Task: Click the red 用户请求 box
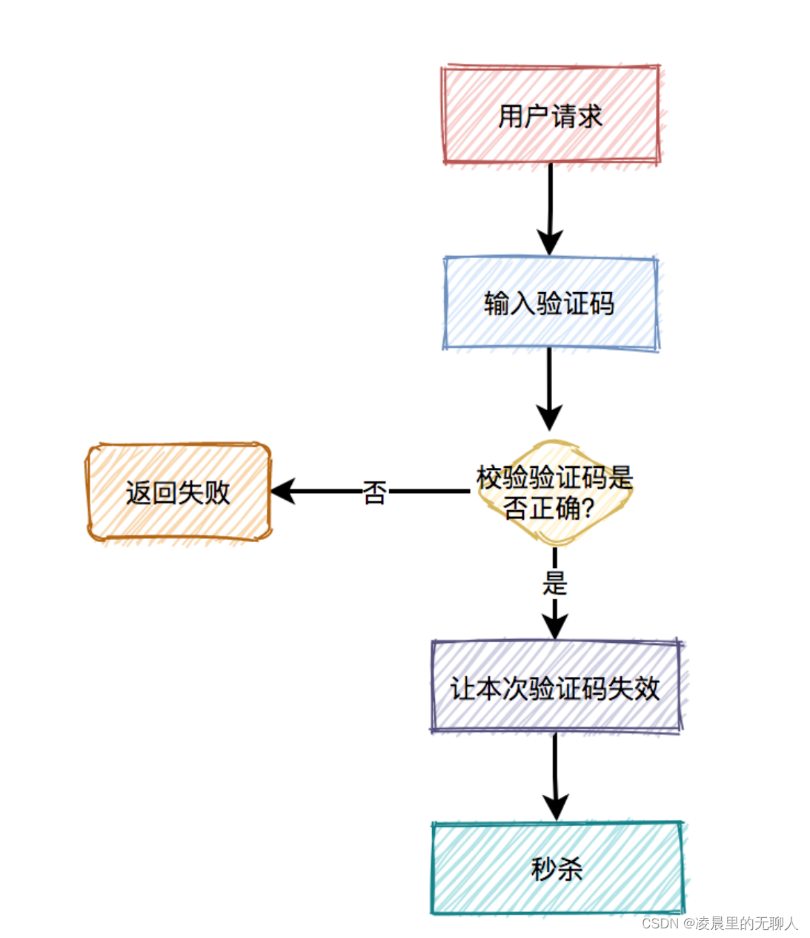click(550, 115)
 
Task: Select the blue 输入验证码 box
click(550, 303)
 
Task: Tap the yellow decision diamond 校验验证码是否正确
click(554, 492)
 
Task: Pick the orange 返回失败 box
click(178, 492)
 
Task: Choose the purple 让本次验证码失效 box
click(555, 687)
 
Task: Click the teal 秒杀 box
click(557, 868)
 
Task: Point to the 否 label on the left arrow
click(374, 492)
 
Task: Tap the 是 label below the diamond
click(554, 583)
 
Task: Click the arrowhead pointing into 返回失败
click(282, 491)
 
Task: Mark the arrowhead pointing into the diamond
click(549, 418)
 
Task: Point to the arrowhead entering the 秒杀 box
click(556, 807)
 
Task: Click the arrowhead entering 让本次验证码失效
click(554, 627)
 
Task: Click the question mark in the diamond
click(588, 509)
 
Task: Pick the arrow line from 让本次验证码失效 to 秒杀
click(555, 764)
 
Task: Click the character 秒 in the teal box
click(543, 868)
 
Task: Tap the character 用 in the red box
click(511, 116)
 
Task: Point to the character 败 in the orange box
click(217, 492)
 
